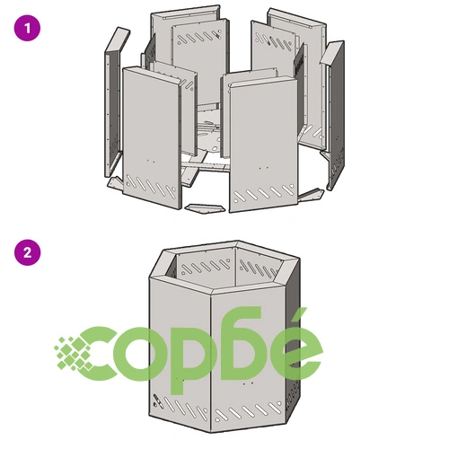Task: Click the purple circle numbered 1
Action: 27,29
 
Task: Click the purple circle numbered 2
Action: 27,252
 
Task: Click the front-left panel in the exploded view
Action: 152,137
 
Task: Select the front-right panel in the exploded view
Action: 263,144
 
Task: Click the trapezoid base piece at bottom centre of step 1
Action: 205,208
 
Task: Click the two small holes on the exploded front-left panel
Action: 151,161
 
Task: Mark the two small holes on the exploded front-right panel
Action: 263,168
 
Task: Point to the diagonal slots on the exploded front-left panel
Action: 151,185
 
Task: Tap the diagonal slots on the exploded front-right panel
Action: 263,194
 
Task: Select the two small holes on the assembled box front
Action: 248,383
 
